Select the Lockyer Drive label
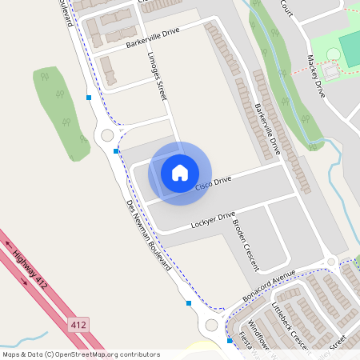point(213,220)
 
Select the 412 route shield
point(78,325)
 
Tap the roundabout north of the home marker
point(107,135)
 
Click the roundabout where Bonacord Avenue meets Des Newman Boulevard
point(211,325)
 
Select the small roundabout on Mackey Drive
point(330,262)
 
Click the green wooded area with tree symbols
point(61,112)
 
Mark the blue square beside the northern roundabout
point(116,150)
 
